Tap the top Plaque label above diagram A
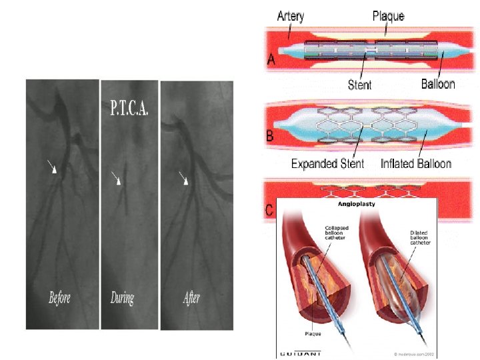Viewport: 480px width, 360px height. (388, 15)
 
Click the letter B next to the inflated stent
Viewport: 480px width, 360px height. (271, 135)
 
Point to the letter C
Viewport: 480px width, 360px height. (269, 210)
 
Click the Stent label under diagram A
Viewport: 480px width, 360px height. (360, 85)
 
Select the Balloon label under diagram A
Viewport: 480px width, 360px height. (438, 84)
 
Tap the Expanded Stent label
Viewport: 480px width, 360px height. (327, 163)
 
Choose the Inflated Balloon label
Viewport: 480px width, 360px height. (416, 163)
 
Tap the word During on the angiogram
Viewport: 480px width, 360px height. (122, 298)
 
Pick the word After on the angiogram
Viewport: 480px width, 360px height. (191, 298)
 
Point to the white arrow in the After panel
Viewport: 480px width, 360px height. (185, 178)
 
